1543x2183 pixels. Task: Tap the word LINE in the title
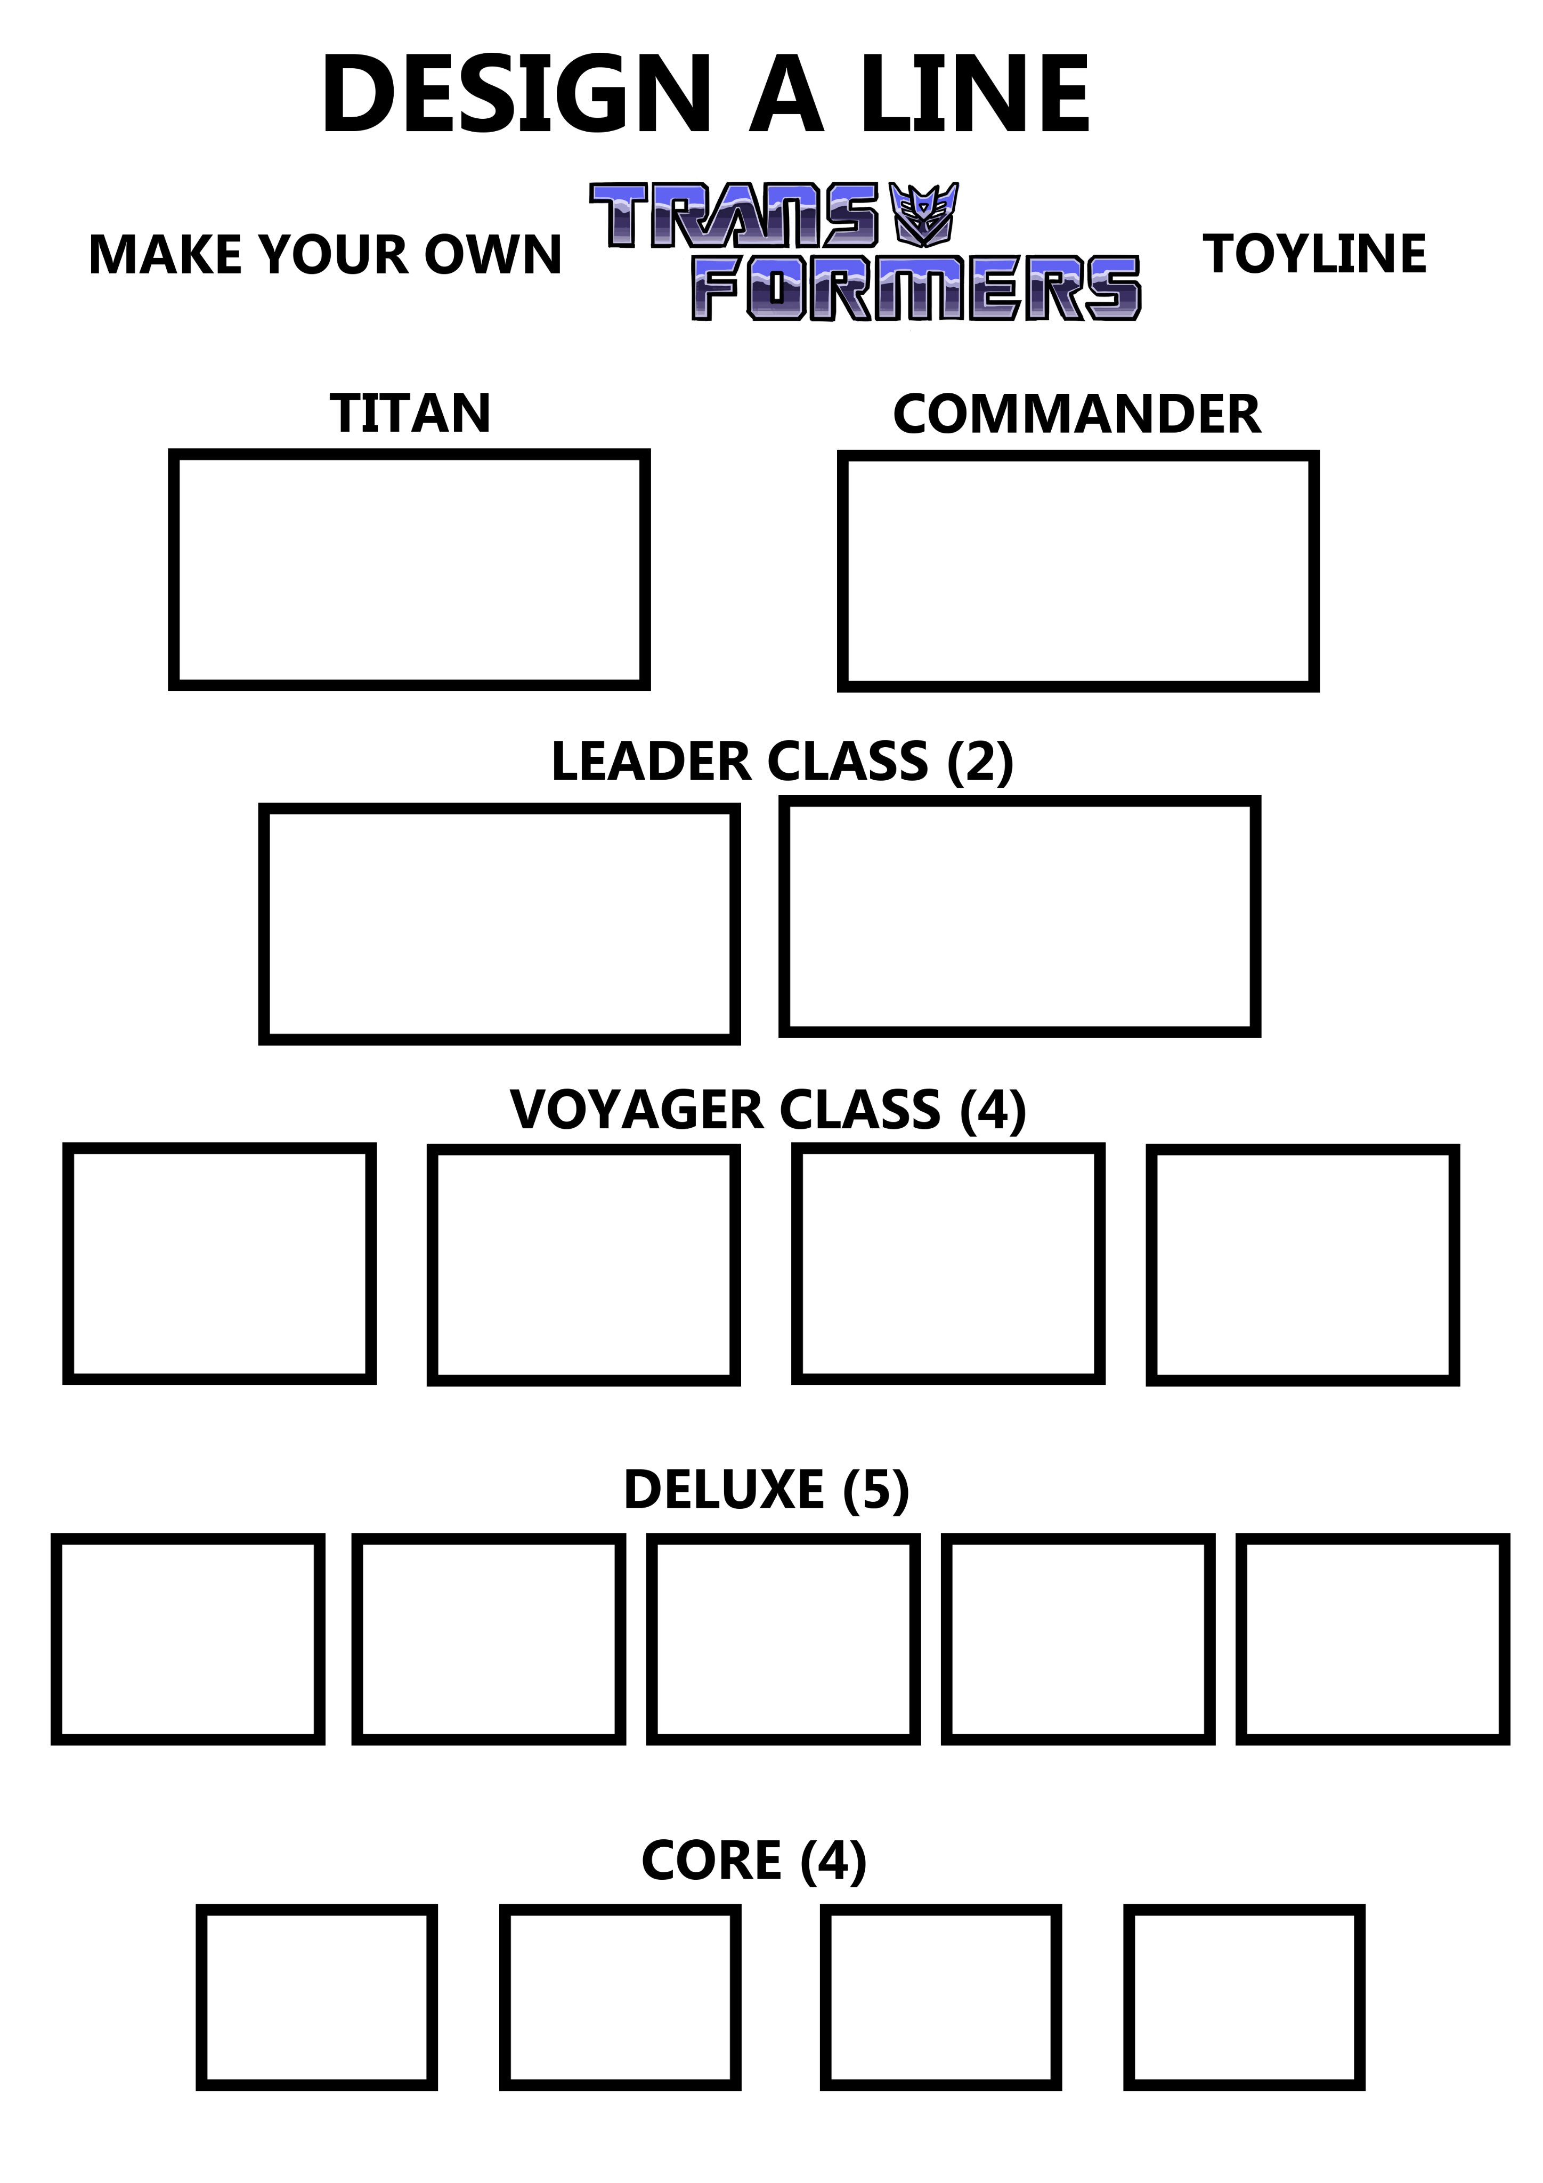974,95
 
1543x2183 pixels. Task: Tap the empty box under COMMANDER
1077,570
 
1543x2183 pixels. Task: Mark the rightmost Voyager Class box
1303,1265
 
